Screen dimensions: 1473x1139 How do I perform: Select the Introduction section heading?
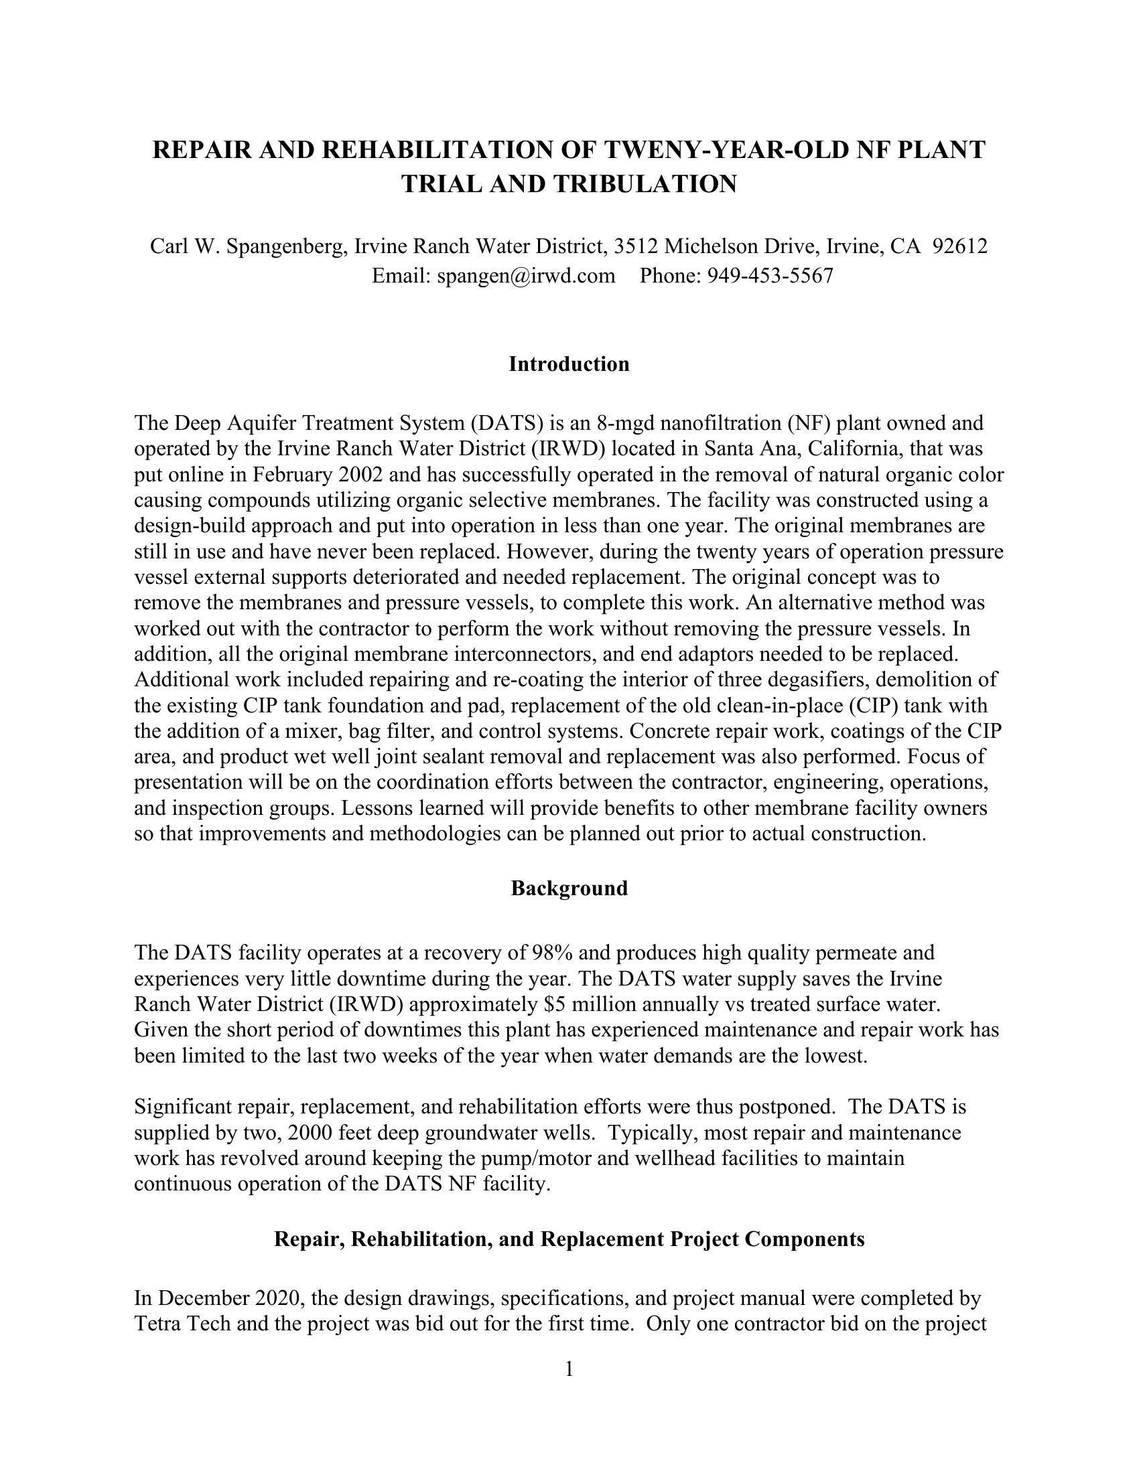pos(569,364)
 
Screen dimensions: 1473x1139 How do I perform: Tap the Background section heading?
pos(569,888)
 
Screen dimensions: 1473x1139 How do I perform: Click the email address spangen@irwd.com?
pos(526,276)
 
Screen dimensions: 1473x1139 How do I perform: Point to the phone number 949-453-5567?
pos(770,276)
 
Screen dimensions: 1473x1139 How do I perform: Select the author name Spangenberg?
pos(279,246)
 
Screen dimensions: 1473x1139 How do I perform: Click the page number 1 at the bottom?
pos(569,1369)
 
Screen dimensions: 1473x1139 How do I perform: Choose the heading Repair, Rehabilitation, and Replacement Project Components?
pos(569,1239)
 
